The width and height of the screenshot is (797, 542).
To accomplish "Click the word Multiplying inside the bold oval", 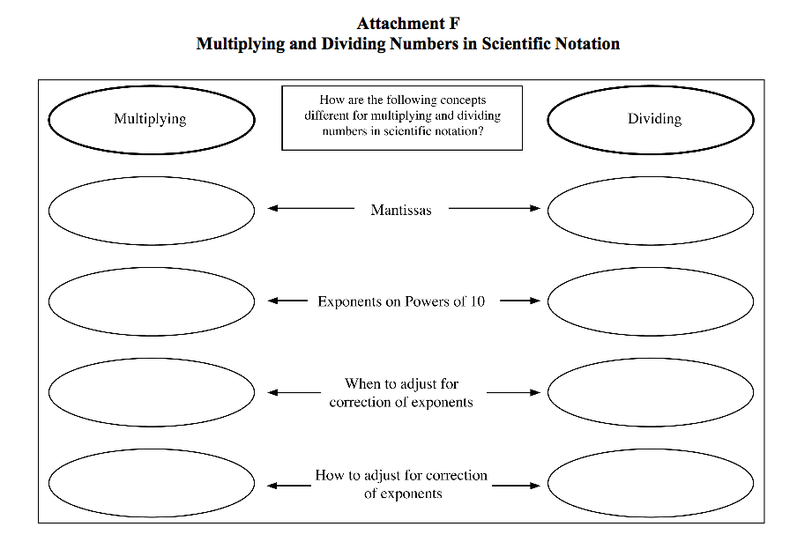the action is click(x=150, y=119).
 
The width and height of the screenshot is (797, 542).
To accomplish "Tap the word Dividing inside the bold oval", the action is click(x=654, y=119).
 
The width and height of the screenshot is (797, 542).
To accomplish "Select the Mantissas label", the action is click(x=401, y=210).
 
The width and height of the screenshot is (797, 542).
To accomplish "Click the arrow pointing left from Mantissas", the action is click(x=311, y=208).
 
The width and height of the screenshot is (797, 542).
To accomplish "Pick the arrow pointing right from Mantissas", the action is click(x=494, y=208).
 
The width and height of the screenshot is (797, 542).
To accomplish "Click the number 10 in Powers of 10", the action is click(x=477, y=301).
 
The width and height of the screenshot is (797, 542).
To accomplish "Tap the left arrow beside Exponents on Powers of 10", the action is click(x=287, y=301).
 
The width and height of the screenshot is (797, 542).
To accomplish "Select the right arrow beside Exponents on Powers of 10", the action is click(x=520, y=301).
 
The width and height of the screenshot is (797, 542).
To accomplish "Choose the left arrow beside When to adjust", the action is click(x=294, y=393).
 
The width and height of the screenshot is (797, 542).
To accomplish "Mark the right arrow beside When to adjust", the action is click(x=513, y=393).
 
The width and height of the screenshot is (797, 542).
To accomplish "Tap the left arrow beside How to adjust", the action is click(x=289, y=486).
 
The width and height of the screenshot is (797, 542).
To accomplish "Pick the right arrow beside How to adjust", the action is click(x=516, y=486).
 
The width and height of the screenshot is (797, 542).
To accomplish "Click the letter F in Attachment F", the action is click(x=454, y=24).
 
